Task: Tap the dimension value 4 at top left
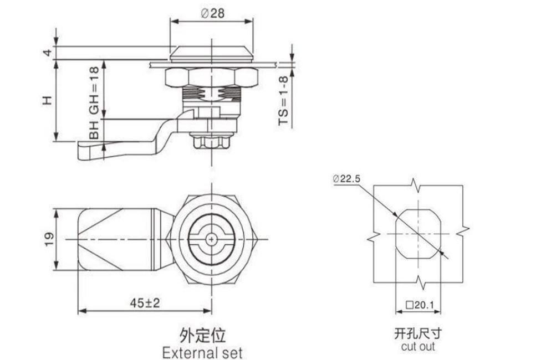pyautogui.click(x=48, y=53)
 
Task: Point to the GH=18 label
pyautogui.click(x=94, y=89)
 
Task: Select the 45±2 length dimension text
pyautogui.click(x=145, y=302)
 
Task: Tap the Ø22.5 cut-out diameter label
pyautogui.click(x=347, y=178)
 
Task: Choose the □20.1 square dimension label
pyautogui.click(x=419, y=304)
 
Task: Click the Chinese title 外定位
pyautogui.click(x=203, y=335)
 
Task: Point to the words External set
pyautogui.click(x=203, y=352)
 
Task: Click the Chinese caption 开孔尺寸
pyautogui.click(x=418, y=333)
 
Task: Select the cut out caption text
pyautogui.click(x=418, y=347)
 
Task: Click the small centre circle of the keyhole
pyautogui.click(x=212, y=239)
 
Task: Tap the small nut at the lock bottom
pyautogui.click(x=213, y=141)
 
